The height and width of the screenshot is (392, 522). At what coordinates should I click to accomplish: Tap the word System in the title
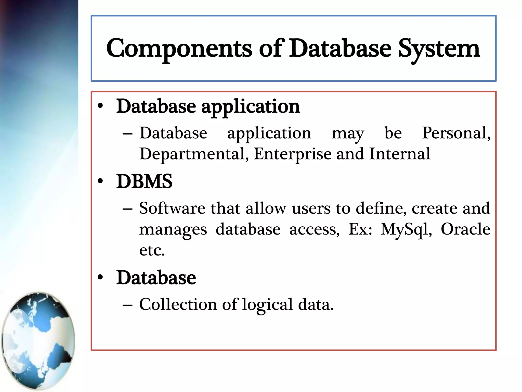(439, 48)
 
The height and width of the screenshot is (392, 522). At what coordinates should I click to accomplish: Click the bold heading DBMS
(144, 181)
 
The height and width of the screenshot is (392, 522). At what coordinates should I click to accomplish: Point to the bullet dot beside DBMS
(100, 181)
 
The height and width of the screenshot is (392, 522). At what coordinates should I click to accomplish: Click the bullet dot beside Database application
(100, 106)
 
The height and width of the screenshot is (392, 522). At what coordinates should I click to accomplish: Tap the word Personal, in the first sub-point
(456, 133)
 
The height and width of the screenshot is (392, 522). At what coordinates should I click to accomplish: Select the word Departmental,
(194, 154)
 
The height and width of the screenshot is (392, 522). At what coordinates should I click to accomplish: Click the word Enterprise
(292, 154)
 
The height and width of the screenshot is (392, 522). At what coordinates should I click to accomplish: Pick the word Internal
(400, 154)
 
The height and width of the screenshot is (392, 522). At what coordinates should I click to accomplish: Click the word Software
(172, 208)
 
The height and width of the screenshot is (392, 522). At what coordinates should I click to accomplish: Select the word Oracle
(465, 229)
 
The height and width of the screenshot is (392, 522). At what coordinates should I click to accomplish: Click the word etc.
(152, 250)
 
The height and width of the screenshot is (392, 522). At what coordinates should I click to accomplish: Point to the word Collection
(178, 304)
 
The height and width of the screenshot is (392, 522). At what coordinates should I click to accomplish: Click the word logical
(267, 305)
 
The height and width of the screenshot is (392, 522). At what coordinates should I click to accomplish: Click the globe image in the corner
(38, 341)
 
